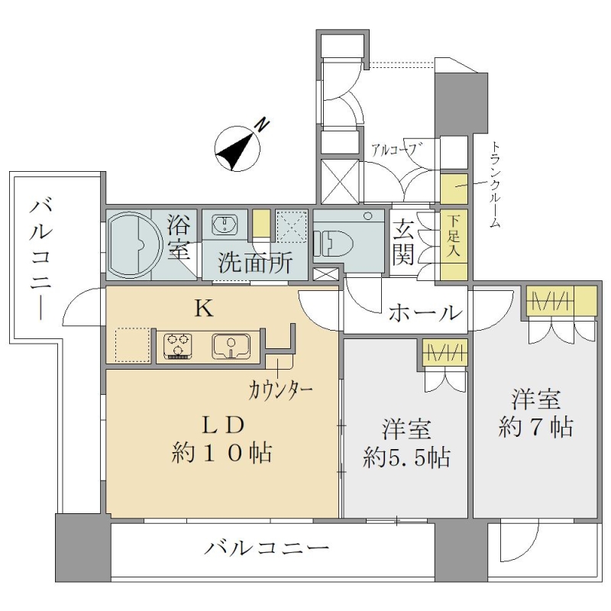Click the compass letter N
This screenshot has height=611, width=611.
(x=263, y=124)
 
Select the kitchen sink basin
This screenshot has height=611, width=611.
(x=231, y=346)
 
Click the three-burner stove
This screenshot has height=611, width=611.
(x=178, y=346)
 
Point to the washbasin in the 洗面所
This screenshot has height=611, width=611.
(x=224, y=225)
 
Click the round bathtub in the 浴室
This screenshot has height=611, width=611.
(x=134, y=244)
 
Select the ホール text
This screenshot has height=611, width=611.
(x=425, y=312)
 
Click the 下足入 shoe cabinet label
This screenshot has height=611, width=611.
(x=454, y=236)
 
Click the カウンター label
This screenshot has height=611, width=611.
(x=281, y=390)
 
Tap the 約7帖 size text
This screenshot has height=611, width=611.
(x=535, y=427)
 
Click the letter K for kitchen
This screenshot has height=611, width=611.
(x=204, y=309)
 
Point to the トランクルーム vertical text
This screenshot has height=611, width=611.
(x=494, y=186)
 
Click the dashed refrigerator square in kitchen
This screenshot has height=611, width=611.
(x=133, y=346)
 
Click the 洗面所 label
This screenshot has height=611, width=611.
(x=255, y=263)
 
